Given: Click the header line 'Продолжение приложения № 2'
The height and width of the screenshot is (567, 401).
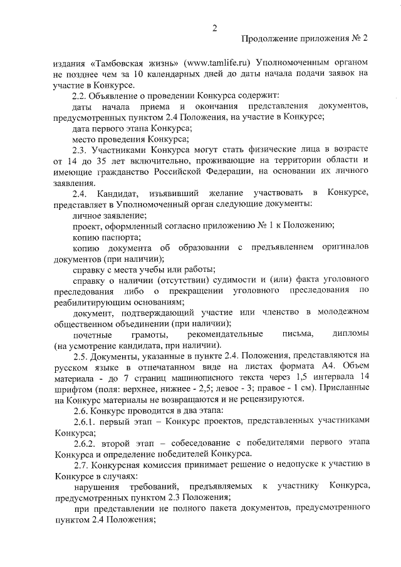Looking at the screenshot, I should tap(305, 39).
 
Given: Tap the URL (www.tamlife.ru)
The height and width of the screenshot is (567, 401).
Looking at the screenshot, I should tap(211, 64).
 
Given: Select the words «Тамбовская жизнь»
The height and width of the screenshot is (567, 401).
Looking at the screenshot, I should tap(131, 64).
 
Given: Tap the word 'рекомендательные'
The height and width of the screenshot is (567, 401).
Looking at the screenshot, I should tap(228, 333).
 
